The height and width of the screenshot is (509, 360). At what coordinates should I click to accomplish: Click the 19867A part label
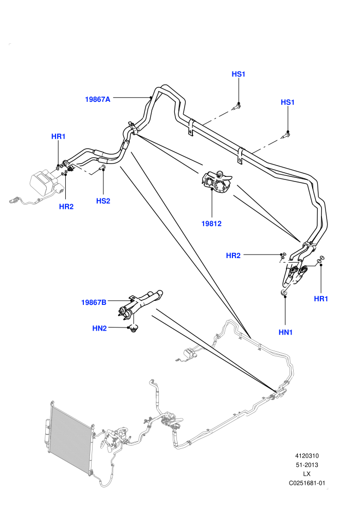pyautogui.click(x=98, y=99)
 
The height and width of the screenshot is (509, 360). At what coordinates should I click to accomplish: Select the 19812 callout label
pyautogui.click(x=211, y=224)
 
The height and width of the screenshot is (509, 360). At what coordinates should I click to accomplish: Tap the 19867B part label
pyautogui.click(x=94, y=302)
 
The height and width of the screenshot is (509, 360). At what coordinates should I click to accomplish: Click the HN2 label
pyautogui.click(x=100, y=329)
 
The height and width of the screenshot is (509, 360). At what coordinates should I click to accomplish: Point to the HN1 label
pyautogui.click(x=285, y=333)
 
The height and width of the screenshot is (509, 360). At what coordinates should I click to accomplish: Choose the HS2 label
pyautogui.click(x=103, y=201)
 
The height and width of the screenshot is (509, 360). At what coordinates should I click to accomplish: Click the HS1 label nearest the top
pyautogui.click(x=239, y=74)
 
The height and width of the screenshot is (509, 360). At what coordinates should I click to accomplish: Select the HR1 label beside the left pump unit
pyautogui.click(x=59, y=136)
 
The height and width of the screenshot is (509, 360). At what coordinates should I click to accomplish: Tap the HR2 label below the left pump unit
pyautogui.click(x=66, y=207)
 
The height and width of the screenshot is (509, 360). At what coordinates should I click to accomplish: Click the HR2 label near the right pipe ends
pyautogui.click(x=233, y=256)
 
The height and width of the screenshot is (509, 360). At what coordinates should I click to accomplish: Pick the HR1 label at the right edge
pyautogui.click(x=321, y=299)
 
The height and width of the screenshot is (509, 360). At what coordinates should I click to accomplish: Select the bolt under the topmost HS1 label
pyautogui.click(x=237, y=106)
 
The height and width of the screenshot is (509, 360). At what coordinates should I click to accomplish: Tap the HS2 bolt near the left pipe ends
pyautogui.click(x=102, y=168)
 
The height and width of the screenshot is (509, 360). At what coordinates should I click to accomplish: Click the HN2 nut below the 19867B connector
pyautogui.click(x=133, y=329)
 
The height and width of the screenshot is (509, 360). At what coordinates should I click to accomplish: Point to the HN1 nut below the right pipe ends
pyautogui.click(x=284, y=293)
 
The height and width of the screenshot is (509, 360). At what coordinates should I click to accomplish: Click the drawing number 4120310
pyautogui.click(x=307, y=456)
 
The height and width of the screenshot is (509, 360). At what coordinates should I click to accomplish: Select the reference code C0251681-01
pyautogui.click(x=307, y=483)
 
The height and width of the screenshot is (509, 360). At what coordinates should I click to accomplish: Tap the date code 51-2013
pyautogui.click(x=307, y=465)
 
